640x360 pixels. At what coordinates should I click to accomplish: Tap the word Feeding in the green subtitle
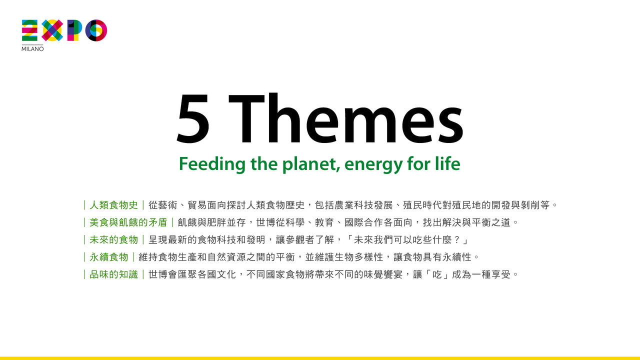coord(212,164)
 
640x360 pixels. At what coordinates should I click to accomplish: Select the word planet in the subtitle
coord(311,164)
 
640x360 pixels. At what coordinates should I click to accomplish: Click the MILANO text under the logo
coord(32,49)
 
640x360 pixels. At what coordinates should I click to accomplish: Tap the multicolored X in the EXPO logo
coord(52,30)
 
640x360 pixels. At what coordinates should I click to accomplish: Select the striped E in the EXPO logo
coord(29,30)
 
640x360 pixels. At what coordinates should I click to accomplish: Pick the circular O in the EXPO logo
coord(96,30)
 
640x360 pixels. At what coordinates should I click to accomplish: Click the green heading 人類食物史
coord(113,205)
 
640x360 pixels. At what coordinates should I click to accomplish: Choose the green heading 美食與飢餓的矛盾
coord(128,222)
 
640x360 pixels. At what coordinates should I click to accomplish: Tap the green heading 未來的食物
coord(113,240)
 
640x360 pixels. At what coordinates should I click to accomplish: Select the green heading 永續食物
coord(109,257)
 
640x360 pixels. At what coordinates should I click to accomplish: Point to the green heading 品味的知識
coord(113,275)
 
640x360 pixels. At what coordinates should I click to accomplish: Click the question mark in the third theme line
coord(456,240)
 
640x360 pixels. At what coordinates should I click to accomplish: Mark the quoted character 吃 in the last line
coord(437,275)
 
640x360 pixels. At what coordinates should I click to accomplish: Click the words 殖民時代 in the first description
coord(422,205)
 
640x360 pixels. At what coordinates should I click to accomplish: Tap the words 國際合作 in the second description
coord(363,222)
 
